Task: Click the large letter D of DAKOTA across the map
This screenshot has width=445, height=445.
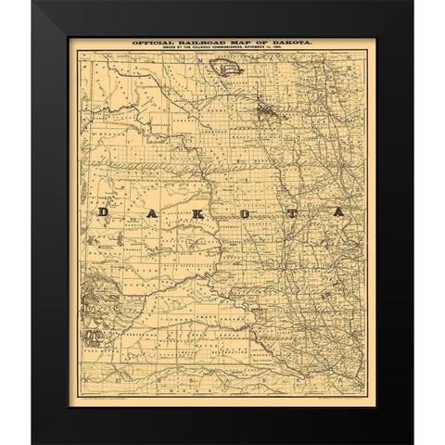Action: point(103,212)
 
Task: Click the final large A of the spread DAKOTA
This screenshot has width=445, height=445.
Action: point(339,212)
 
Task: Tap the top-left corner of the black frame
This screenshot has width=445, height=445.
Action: point(33,3)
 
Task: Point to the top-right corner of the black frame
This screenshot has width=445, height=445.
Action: point(412,3)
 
